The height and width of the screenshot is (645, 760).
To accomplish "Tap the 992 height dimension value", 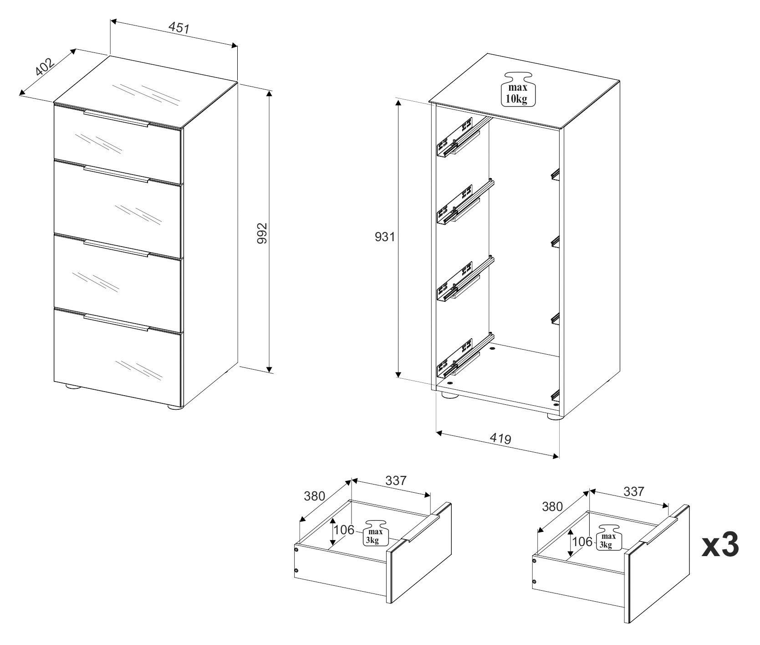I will (x=261, y=233).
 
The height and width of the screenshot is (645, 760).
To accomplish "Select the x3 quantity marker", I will (x=719, y=545).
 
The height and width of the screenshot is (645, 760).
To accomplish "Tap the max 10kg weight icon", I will (x=518, y=89).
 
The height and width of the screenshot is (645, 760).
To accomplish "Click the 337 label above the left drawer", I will (x=396, y=480).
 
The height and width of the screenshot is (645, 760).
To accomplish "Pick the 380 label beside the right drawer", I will (x=552, y=506).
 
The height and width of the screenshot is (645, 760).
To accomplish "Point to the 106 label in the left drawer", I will (x=344, y=530).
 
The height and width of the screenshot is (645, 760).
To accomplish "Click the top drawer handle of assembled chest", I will (x=116, y=118).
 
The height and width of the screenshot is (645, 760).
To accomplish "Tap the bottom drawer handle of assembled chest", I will (x=116, y=321).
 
